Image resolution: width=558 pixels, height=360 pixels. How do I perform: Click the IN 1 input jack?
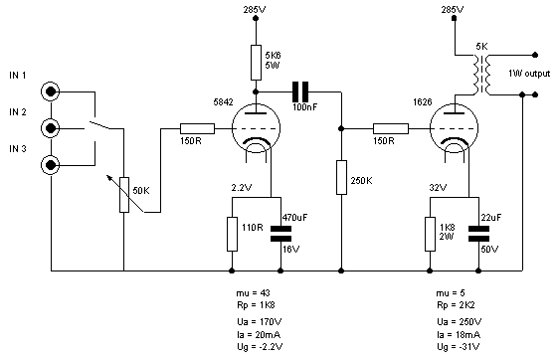(x=51, y=91)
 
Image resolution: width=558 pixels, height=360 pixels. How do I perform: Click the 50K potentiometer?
(x=123, y=195)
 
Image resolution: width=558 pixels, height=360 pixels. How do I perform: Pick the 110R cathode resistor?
(x=232, y=234)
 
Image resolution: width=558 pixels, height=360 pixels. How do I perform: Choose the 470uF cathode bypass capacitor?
(x=281, y=233)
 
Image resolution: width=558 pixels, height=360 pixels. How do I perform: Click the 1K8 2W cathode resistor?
(x=430, y=234)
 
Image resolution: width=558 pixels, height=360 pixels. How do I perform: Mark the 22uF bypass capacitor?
(x=480, y=233)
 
